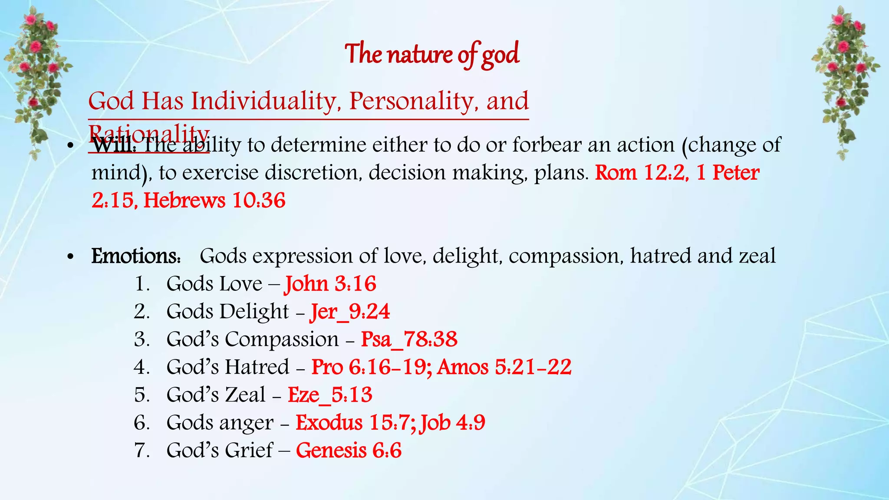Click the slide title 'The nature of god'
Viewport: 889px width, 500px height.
[x=432, y=55]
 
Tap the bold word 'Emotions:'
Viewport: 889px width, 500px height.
[x=136, y=256]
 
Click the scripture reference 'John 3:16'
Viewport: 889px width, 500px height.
[x=330, y=284]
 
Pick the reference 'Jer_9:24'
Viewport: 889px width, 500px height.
[x=350, y=312]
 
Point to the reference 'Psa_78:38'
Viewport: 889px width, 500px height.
[x=409, y=339]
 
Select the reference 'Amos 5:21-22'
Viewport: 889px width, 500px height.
[x=504, y=367]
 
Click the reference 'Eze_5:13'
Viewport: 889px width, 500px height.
[x=330, y=395]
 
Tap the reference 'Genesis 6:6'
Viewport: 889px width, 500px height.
[x=349, y=451]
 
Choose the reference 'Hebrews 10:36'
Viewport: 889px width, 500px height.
[x=214, y=201]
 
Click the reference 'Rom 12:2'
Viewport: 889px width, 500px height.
[x=640, y=173]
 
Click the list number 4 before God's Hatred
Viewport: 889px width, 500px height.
[x=142, y=367]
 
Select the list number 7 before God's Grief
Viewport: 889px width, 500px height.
[x=142, y=451]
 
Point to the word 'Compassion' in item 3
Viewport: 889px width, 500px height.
[x=281, y=339]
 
